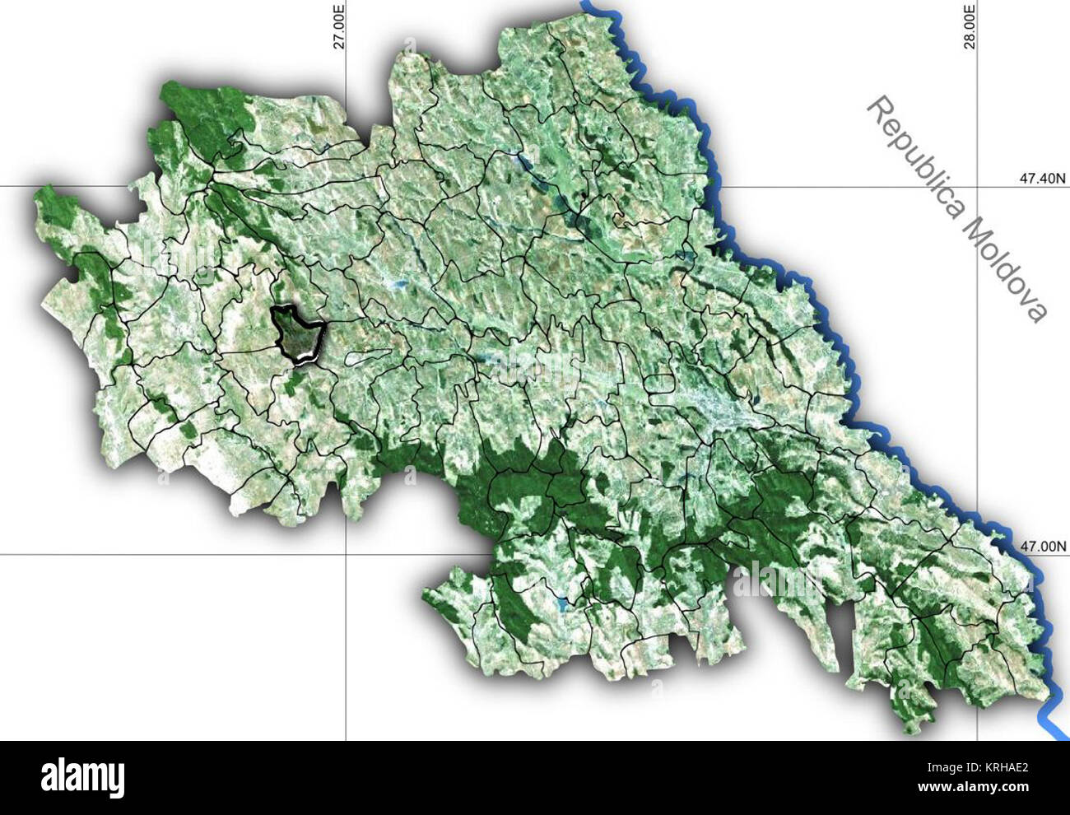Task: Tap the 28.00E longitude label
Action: tap(970, 26)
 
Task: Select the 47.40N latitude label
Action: tap(1041, 178)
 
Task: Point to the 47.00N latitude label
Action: tap(1041, 546)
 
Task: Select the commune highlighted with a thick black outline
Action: tap(297, 334)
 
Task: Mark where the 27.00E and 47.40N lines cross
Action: tap(346, 186)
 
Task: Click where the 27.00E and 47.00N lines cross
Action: tap(346, 554)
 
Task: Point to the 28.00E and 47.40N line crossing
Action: tap(977, 186)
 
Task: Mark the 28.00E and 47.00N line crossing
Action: tap(977, 554)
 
